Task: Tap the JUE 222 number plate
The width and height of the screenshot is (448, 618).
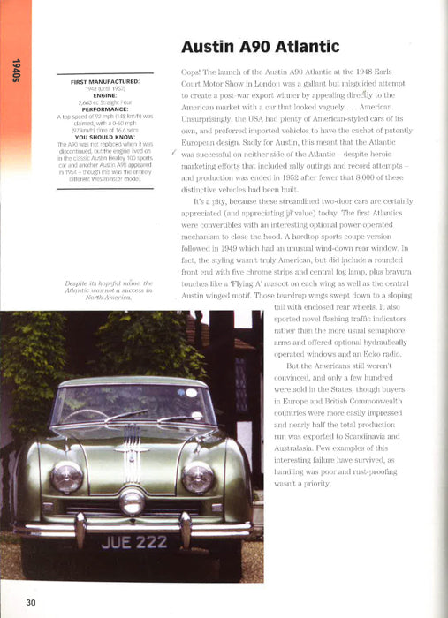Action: coord(133,542)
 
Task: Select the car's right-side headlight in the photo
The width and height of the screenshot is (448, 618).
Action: coord(197,478)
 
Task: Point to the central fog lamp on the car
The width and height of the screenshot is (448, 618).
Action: coord(132,500)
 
